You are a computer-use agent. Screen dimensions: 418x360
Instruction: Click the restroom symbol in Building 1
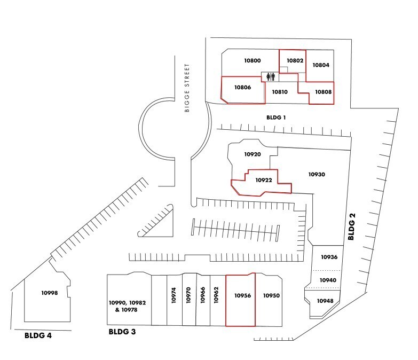(x=271, y=77)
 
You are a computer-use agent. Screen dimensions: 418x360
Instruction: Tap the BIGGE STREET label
(x=187, y=88)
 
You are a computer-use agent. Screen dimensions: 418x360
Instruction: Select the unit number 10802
(x=295, y=60)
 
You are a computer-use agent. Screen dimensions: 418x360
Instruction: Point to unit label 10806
(x=242, y=87)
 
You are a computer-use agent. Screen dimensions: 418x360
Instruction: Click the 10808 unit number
(x=323, y=92)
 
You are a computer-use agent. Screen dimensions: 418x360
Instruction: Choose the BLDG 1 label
(x=276, y=118)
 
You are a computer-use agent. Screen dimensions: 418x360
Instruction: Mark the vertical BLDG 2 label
(x=352, y=226)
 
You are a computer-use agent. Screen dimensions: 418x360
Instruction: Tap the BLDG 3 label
(x=122, y=332)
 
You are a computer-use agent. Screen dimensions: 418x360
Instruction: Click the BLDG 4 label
(x=38, y=335)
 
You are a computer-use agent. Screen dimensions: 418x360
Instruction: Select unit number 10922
(x=264, y=180)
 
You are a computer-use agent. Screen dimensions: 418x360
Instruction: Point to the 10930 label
(x=317, y=175)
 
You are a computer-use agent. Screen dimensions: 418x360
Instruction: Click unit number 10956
(x=242, y=295)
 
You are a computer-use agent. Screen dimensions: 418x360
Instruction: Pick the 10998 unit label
(x=50, y=293)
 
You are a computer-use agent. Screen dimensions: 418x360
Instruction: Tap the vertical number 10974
(x=173, y=295)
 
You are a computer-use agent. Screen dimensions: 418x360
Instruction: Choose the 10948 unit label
(x=325, y=301)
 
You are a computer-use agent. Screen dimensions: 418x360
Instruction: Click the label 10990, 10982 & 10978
(x=127, y=306)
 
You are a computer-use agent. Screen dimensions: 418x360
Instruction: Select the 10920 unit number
(x=253, y=154)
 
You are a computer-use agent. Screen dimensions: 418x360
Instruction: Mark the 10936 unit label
(x=329, y=257)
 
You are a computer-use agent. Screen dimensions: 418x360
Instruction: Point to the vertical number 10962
(x=216, y=295)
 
